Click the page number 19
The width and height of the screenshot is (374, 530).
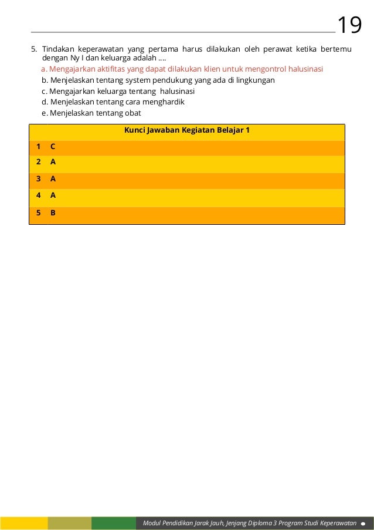pyautogui.click(x=350, y=25)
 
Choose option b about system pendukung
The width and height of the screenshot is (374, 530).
pyautogui.click(x=158, y=80)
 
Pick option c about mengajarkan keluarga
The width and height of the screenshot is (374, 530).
pyautogui.click(x=118, y=91)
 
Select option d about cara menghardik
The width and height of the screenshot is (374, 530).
pyautogui.click(x=113, y=102)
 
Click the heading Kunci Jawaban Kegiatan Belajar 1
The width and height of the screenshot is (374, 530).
pyautogui.click(x=187, y=130)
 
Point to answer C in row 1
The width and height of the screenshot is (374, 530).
pyautogui.click(x=53, y=147)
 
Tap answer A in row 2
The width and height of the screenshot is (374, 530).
pyautogui.click(x=53, y=161)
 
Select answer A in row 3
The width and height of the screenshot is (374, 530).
pyautogui.click(x=53, y=178)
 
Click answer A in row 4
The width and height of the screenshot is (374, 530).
pyautogui.click(x=53, y=195)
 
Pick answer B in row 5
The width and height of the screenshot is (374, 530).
pyautogui.click(x=53, y=213)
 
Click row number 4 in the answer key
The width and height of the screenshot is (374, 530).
pyautogui.click(x=38, y=195)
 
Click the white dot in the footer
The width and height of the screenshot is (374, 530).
pyautogui.click(x=364, y=523)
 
